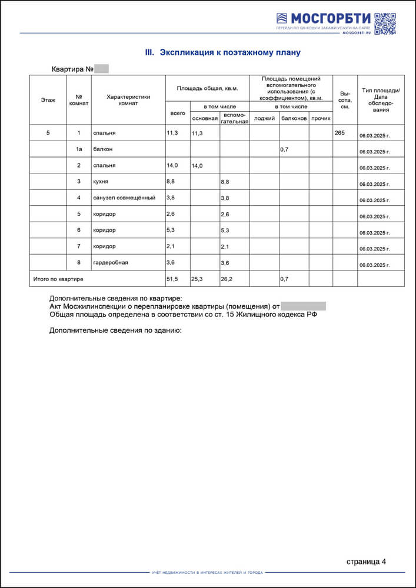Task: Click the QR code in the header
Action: tap(385, 24)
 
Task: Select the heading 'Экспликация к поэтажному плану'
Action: tap(222, 52)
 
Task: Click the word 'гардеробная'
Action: tap(111, 262)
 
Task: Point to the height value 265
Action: tap(340, 133)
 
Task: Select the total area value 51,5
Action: tap(173, 278)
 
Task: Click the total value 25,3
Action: tap(197, 279)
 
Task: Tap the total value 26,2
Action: tap(227, 279)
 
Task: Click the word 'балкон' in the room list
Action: tap(103, 149)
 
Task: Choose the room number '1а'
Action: tap(79, 149)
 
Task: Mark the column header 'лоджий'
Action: tap(264, 118)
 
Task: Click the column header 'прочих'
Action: tap(321, 118)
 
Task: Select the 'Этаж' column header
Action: tap(48, 100)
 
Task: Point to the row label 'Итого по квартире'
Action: tap(58, 278)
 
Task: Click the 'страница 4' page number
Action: tap(366, 562)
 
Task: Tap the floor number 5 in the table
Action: tap(48, 133)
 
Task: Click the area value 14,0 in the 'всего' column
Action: tap(172, 166)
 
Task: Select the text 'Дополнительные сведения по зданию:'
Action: tap(115, 330)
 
